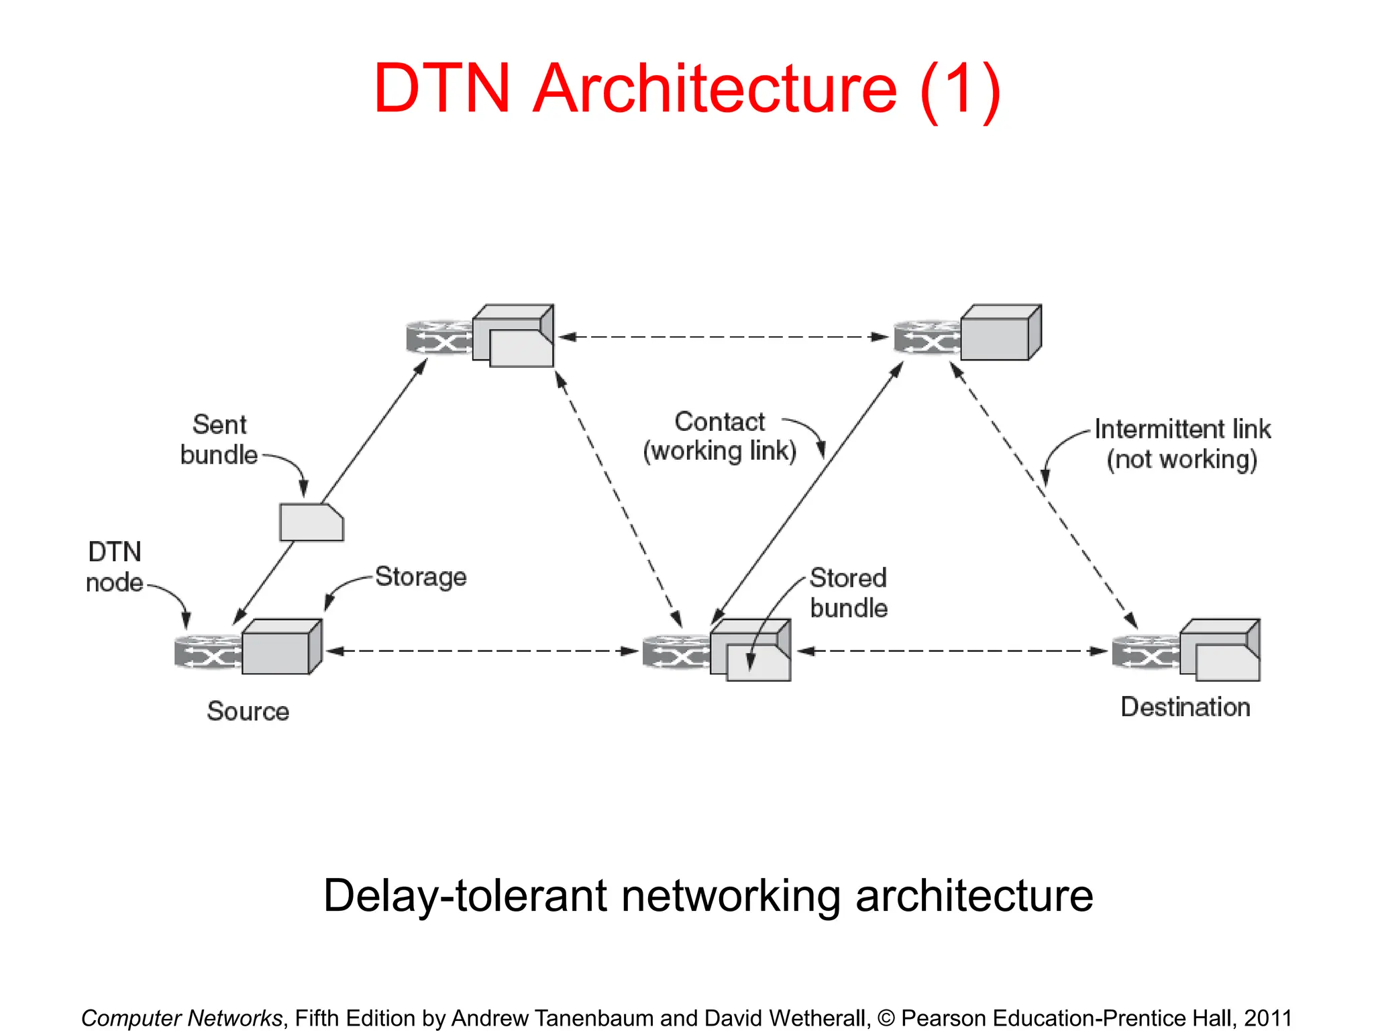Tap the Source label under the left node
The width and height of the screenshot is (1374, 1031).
pyautogui.click(x=248, y=711)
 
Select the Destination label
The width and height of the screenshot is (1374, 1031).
pyautogui.click(x=1185, y=707)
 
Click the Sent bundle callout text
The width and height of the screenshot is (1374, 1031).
pyautogui.click(x=219, y=440)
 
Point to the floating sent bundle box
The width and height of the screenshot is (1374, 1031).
pyautogui.click(x=311, y=523)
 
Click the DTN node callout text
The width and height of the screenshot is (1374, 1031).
pyautogui.click(x=114, y=567)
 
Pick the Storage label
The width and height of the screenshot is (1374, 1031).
pyautogui.click(x=421, y=577)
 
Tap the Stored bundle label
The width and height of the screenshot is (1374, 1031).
pyautogui.click(x=848, y=593)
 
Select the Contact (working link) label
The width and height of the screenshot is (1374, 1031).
pyautogui.click(x=719, y=436)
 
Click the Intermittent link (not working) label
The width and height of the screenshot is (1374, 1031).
pyautogui.click(x=1182, y=444)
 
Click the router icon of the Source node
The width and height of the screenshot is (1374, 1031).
pyautogui.click(x=207, y=652)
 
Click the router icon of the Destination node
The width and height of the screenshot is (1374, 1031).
pyautogui.click(x=1145, y=652)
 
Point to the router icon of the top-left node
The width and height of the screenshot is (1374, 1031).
pyautogui.click(x=439, y=337)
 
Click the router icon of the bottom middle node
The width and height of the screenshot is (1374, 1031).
pyautogui.click(x=676, y=652)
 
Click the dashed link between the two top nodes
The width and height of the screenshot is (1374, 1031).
pyautogui.click(x=723, y=337)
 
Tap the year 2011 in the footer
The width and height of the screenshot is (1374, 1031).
pyautogui.click(x=1267, y=1018)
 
